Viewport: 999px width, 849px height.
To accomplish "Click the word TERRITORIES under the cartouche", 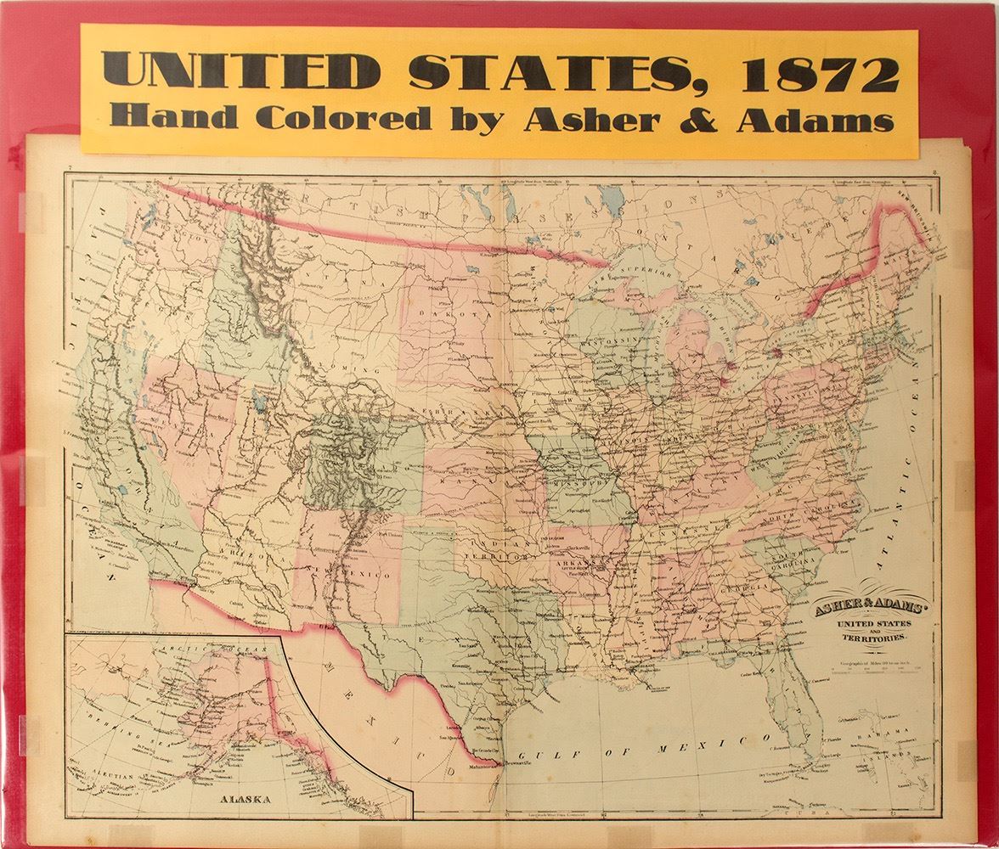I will (861, 637).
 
